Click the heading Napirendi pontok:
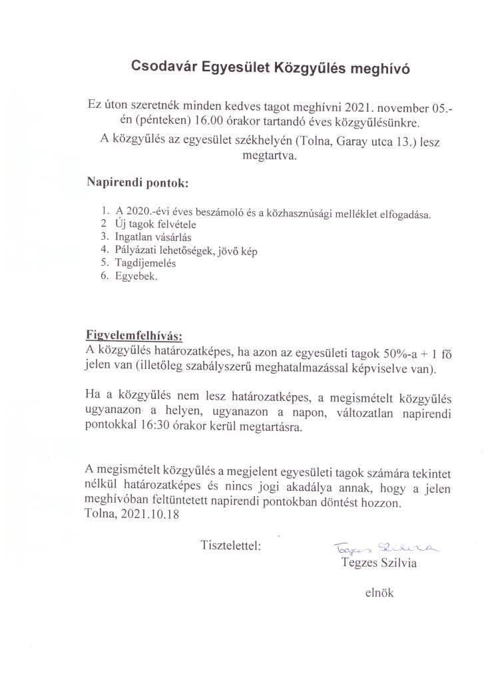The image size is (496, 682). (138, 182)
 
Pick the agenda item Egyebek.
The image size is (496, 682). (136, 276)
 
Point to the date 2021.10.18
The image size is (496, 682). (146, 517)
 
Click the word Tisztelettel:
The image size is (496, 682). (230, 545)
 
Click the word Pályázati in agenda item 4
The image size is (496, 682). (137, 250)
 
